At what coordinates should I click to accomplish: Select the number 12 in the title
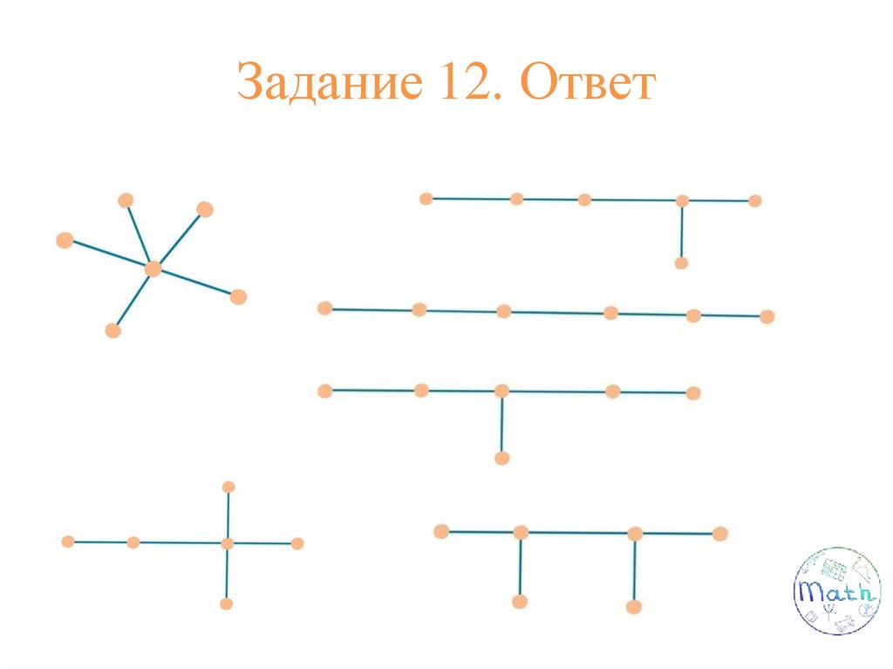click(457, 85)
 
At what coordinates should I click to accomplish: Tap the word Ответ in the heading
click(587, 85)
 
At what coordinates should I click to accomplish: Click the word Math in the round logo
click(835, 592)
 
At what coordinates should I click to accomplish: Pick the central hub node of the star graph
click(153, 269)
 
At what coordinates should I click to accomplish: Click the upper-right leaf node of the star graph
click(205, 208)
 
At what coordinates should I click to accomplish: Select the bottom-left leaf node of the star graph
click(112, 331)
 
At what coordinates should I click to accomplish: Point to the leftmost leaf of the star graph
click(65, 241)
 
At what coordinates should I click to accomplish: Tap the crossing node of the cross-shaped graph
click(228, 543)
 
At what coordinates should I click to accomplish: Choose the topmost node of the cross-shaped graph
click(228, 487)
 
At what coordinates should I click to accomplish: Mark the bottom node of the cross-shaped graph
click(227, 604)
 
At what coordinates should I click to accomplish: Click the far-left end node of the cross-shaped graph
click(68, 542)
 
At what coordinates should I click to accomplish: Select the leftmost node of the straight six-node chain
click(325, 308)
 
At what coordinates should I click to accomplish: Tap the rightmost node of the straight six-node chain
click(767, 317)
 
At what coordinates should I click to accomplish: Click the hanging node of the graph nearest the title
click(681, 263)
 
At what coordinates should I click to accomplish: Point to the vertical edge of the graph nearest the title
click(682, 231)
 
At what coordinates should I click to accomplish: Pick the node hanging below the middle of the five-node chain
click(501, 458)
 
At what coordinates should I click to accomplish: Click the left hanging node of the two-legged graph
click(520, 601)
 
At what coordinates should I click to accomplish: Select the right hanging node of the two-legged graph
click(634, 606)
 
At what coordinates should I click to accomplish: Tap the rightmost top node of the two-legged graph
click(719, 533)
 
